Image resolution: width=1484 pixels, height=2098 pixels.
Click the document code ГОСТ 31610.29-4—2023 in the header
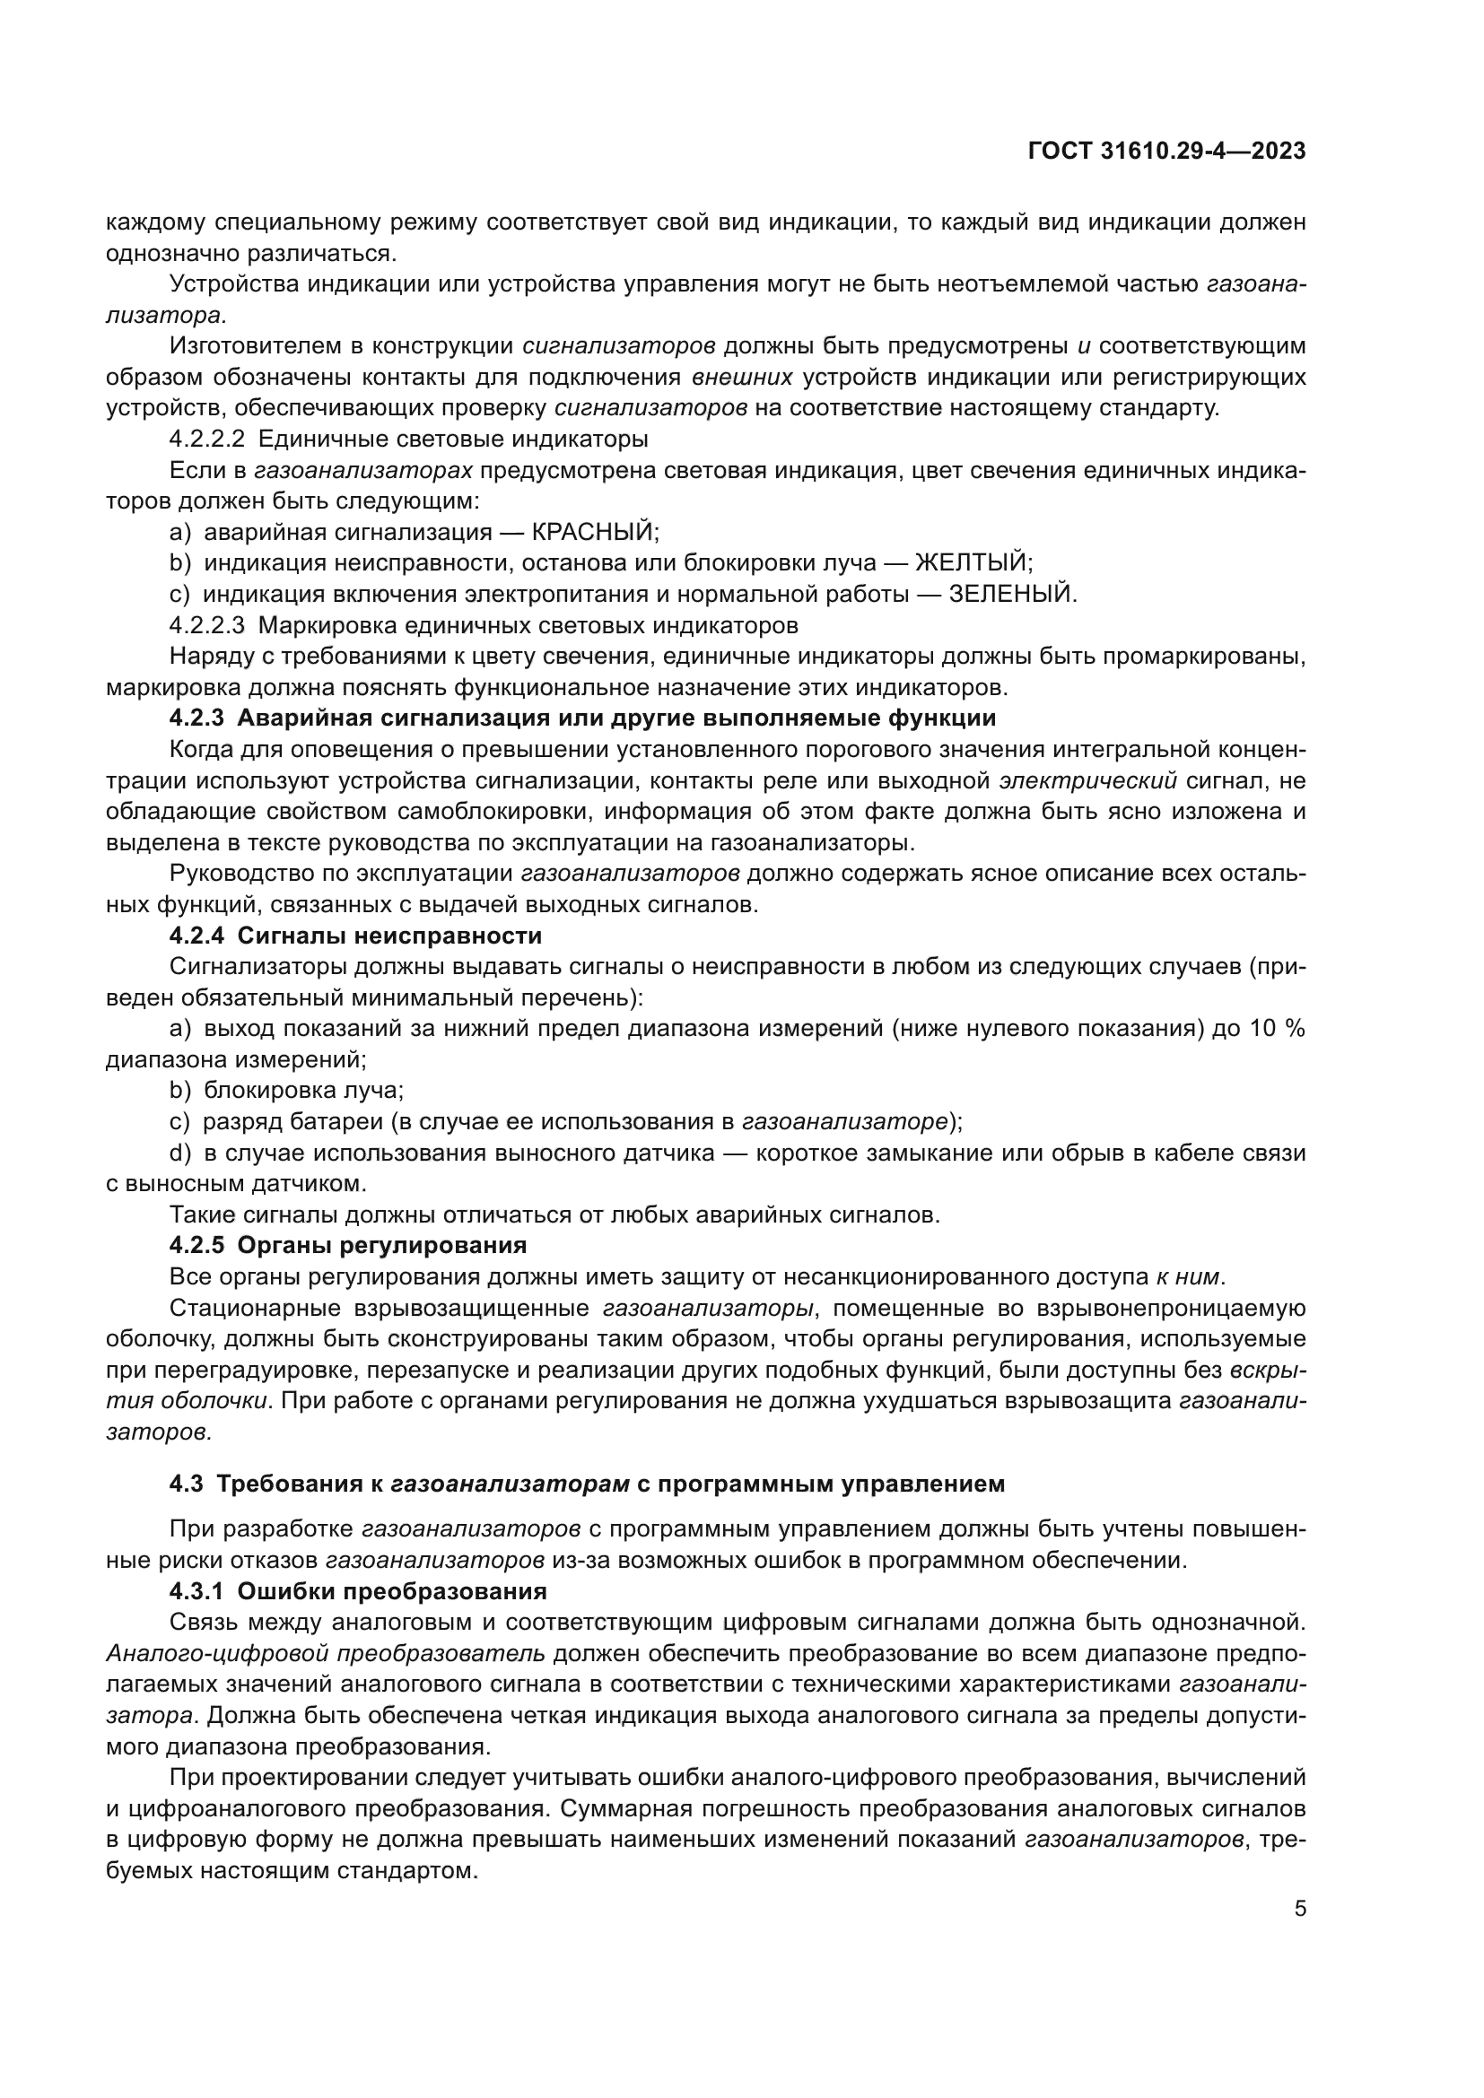point(1167,152)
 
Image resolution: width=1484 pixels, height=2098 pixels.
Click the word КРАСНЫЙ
point(594,532)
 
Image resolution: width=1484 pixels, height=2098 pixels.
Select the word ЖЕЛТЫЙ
point(973,563)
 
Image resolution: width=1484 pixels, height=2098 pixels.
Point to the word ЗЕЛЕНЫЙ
point(1012,594)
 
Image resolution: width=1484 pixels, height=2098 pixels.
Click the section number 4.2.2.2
point(206,440)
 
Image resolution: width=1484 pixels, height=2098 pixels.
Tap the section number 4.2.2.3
point(206,626)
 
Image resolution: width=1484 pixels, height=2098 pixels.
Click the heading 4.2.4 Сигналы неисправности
point(355,936)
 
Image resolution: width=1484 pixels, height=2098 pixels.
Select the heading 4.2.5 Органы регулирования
point(347,1246)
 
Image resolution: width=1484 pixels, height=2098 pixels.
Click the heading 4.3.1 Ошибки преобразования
point(357,1591)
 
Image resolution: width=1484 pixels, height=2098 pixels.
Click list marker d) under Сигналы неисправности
point(180,1153)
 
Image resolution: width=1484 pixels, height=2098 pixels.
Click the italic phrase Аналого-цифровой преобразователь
point(326,1653)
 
